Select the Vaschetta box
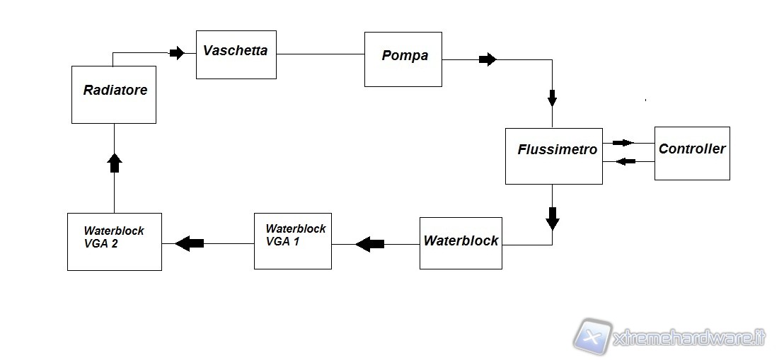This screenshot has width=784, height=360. click(x=236, y=54)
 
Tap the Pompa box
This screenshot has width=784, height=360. click(x=403, y=59)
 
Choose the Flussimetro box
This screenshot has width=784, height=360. click(x=553, y=156)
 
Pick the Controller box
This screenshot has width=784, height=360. click(x=691, y=153)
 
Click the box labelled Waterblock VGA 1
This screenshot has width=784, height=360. click(x=292, y=240)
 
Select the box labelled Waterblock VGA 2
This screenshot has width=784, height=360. click(x=114, y=241)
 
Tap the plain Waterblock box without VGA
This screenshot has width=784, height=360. click(x=460, y=243)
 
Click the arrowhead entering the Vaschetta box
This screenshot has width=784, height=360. click(x=176, y=52)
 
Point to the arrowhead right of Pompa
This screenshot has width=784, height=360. click(x=488, y=59)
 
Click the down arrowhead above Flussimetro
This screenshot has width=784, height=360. click(x=553, y=98)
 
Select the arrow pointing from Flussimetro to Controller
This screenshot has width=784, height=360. click(x=623, y=142)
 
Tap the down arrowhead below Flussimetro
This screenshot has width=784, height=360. click(x=553, y=219)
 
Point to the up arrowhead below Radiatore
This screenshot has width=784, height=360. click(x=114, y=163)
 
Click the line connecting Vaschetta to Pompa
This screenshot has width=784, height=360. click(x=320, y=54)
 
